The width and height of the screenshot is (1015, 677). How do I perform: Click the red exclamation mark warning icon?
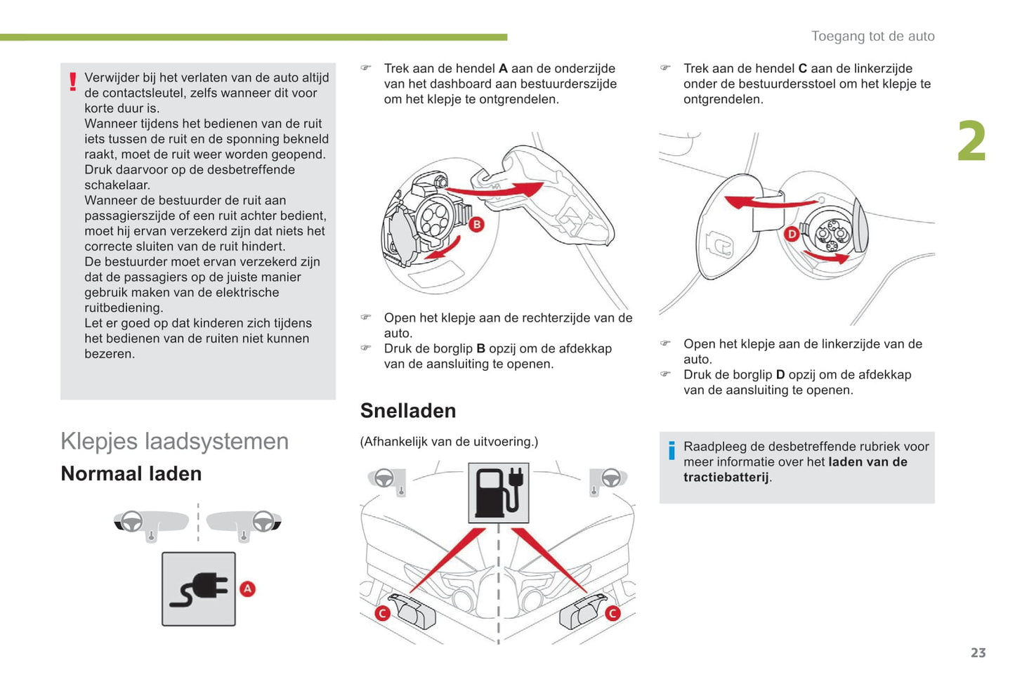[x=73, y=82]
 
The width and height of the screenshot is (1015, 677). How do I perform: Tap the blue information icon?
[x=672, y=450]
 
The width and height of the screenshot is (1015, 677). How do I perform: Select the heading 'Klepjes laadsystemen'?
[x=174, y=441]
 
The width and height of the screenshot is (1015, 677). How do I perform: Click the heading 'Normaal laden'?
[x=131, y=474]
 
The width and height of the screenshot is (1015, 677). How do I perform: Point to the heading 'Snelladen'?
[x=408, y=411]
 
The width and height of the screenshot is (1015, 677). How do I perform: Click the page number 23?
[x=978, y=652]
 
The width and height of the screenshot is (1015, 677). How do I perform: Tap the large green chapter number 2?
[x=971, y=141]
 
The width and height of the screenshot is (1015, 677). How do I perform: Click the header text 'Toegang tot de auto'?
[x=872, y=36]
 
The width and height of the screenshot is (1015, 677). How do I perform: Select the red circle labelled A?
[x=247, y=589]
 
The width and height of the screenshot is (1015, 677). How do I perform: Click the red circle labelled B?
[x=476, y=224]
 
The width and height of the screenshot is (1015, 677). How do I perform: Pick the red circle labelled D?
[x=792, y=234]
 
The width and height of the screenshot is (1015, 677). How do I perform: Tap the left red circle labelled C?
[x=383, y=613]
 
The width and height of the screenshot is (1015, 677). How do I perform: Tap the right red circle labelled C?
[x=613, y=613]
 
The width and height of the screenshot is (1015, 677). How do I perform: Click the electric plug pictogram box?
[x=199, y=589]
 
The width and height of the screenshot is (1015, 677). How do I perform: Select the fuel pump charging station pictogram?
[x=499, y=492]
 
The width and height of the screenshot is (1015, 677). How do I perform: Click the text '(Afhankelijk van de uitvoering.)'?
[x=449, y=442]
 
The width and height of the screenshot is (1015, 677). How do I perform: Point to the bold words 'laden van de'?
[x=867, y=462]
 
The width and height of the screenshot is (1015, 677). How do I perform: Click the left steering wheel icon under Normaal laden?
[x=132, y=521]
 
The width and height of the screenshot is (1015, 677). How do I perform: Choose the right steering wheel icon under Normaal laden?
[x=263, y=521]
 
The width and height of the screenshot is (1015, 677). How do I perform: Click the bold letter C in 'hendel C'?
[x=803, y=69]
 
